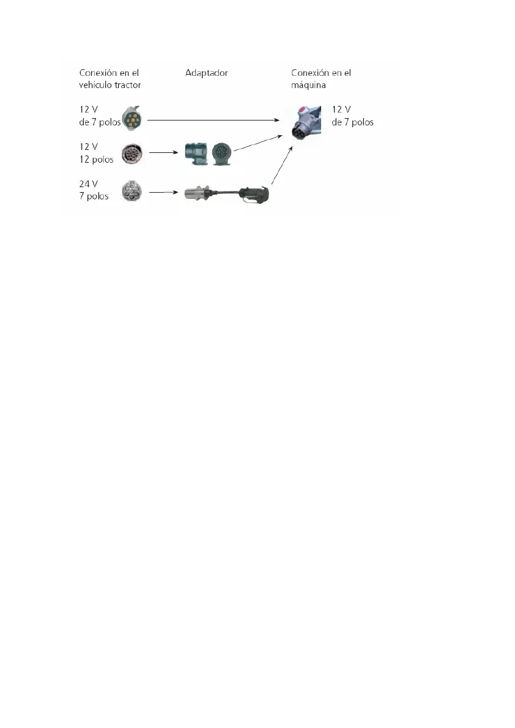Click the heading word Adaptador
coord(206,73)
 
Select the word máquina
coord(309,84)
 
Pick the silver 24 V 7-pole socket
coord(132,191)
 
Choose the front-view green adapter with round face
coord(222,153)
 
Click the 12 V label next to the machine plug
coord(340,109)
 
